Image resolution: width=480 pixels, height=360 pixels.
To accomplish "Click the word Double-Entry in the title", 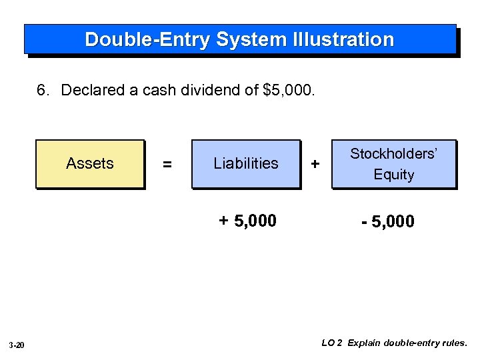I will [x=147, y=39].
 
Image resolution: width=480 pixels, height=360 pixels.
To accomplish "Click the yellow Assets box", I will [x=90, y=164].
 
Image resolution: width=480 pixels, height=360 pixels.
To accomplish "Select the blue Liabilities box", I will [x=246, y=164].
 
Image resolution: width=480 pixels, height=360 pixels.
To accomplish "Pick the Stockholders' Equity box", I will [x=394, y=164].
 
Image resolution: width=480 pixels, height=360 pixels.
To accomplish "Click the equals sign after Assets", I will [x=167, y=164].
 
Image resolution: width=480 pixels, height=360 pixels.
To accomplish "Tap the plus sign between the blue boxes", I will [x=315, y=164].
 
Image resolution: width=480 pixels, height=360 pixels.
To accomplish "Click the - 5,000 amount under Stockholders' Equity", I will [x=387, y=221].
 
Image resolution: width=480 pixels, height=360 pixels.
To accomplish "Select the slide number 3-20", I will [x=17, y=345].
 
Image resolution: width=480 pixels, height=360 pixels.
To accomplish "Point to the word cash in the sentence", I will [x=165, y=90].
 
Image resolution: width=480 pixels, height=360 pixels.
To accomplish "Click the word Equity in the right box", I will [x=394, y=175].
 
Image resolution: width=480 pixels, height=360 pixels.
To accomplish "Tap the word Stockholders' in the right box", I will [x=394, y=154].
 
